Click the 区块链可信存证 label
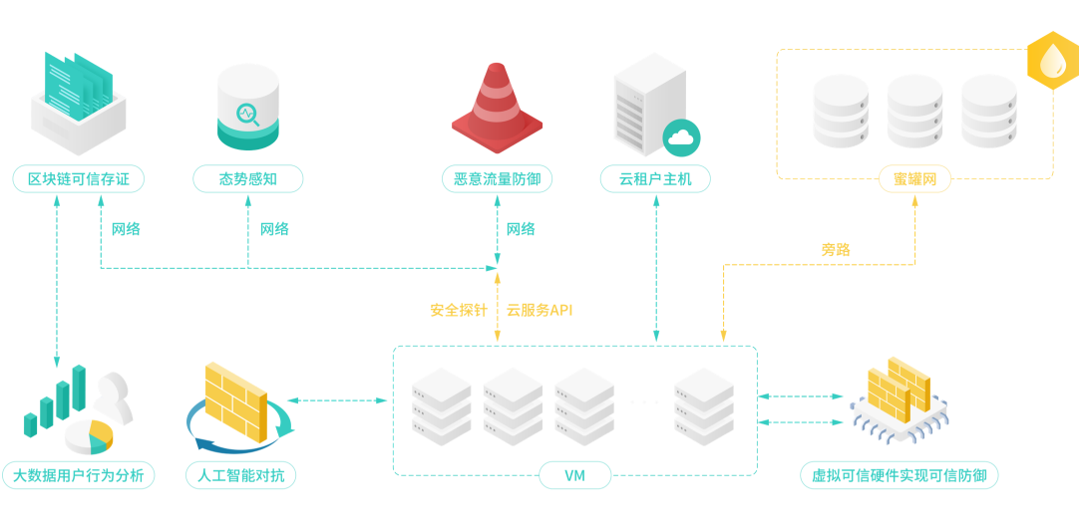tap(79, 179)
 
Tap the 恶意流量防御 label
tap(497, 179)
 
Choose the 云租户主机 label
tap(655, 179)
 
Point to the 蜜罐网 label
tap(914, 179)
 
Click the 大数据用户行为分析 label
tap(79, 475)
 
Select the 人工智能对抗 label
tap(241, 475)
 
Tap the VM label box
tap(575, 475)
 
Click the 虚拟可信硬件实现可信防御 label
tap(899, 475)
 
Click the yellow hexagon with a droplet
tap(1053, 61)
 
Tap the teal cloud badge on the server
tap(682, 138)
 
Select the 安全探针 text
tap(459, 310)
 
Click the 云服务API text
tap(540, 310)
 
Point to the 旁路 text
tap(836, 250)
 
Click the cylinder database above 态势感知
tap(248, 108)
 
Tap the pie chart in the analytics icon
tap(88, 436)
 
